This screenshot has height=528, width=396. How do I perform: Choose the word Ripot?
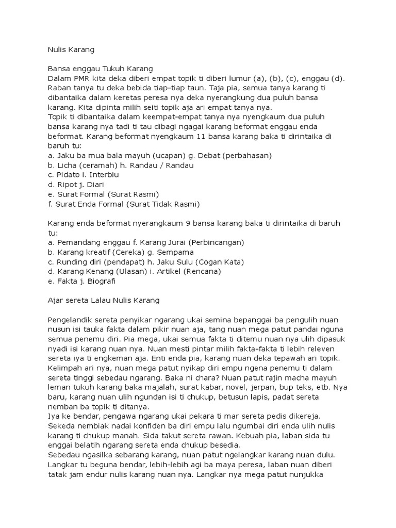65,185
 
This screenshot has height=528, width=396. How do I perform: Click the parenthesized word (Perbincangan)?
216,242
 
